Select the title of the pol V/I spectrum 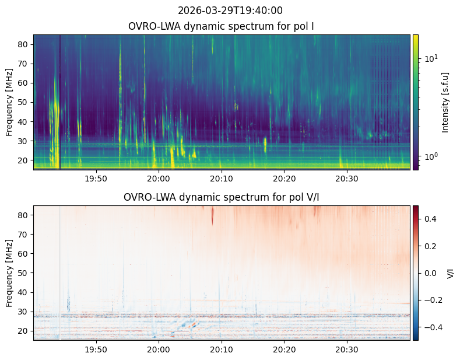pos(222,197)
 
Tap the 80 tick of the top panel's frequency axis pos(25,44)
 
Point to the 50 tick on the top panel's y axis pos(25,102)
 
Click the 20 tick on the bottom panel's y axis pos(25,331)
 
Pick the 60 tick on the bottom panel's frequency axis pos(25,254)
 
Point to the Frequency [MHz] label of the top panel pos(9,102)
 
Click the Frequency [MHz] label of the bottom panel pos(9,273)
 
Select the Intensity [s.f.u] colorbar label pos(446,102)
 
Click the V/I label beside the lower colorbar pos(451,273)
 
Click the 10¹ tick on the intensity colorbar pos(429,58)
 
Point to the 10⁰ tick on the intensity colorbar pos(429,156)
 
